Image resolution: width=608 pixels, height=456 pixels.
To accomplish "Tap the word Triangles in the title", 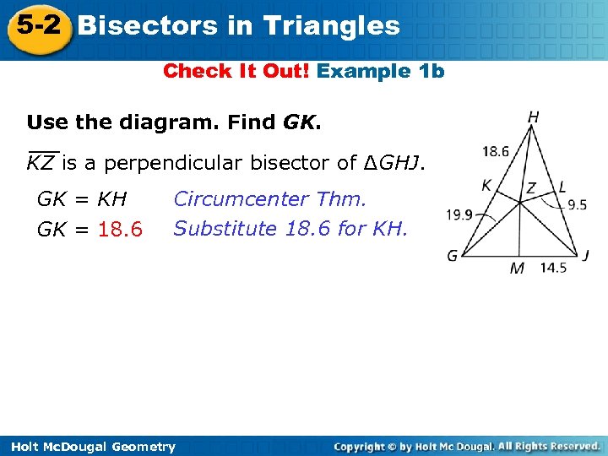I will [x=331, y=25].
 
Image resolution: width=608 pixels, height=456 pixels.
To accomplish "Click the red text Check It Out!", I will [x=236, y=71].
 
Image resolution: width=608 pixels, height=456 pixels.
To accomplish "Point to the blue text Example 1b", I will [x=381, y=71].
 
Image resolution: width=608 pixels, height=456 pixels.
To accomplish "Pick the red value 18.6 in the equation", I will [x=121, y=230].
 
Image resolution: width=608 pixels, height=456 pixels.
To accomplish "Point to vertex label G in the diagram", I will [x=453, y=255].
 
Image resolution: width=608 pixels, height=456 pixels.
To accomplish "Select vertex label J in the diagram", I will [x=586, y=255].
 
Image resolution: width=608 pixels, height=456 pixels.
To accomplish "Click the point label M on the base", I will [x=517, y=269].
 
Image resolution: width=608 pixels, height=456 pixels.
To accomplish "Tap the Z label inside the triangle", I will [x=531, y=187].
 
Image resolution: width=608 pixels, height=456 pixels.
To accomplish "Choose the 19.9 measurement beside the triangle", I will [x=460, y=214].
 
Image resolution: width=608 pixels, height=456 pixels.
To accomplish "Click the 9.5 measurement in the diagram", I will [x=577, y=204].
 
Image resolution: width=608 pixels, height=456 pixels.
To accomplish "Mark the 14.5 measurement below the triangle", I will [x=553, y=268].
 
